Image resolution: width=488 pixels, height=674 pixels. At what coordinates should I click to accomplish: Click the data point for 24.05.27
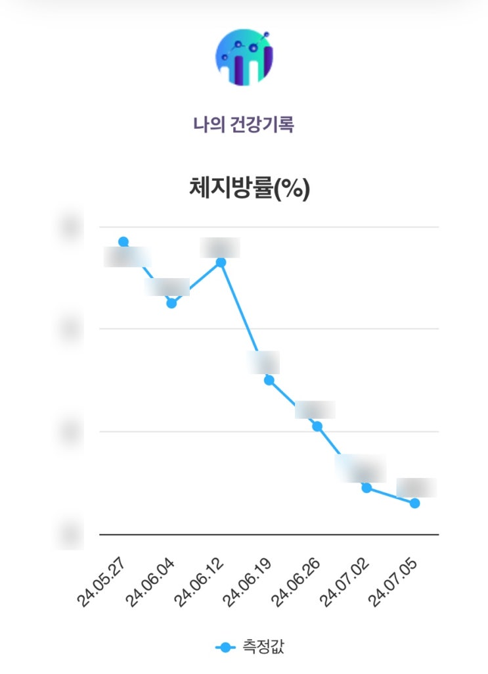[123, 242]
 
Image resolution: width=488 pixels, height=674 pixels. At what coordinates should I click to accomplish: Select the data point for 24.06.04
[171, 303]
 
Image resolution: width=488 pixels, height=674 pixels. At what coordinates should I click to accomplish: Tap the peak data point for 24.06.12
[221, 262]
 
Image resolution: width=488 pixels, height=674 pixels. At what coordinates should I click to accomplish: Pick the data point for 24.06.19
[269, 380]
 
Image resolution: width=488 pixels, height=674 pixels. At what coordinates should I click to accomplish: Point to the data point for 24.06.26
[317, 427]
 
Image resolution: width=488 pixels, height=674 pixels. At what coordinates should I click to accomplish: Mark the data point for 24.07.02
[366, 487]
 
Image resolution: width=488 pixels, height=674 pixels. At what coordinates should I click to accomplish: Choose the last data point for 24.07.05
[414, 503]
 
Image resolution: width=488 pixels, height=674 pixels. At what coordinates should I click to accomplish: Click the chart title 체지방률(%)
[249, 189]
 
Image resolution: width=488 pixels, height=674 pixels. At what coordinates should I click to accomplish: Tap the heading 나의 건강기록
[244, 124]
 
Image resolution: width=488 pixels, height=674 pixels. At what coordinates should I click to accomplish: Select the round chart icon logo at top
[244, 57]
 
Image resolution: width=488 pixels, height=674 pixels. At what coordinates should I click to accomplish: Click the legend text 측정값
[261, 648]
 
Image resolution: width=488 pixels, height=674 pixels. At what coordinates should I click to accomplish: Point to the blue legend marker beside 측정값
[225, 648]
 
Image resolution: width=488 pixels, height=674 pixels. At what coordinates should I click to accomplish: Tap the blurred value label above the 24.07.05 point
[416, 487]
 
